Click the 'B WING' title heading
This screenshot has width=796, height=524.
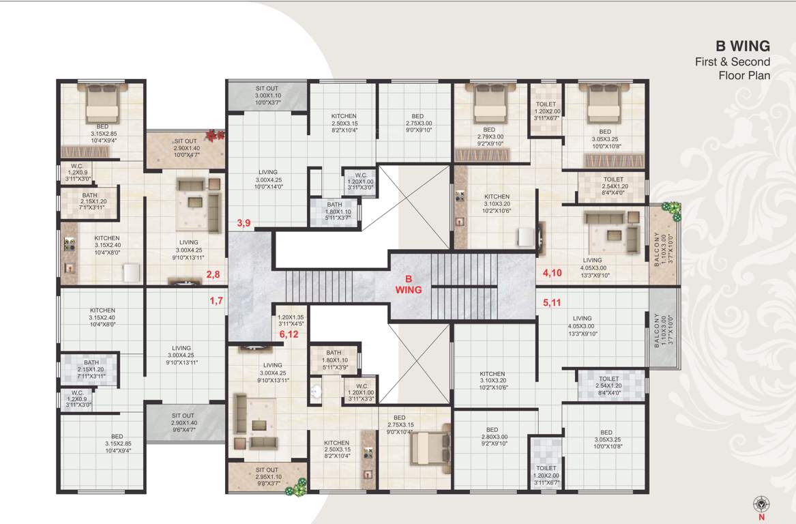coord(742,46)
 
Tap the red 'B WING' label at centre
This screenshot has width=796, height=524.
coord(409,284)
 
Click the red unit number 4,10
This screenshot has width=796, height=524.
coord(552,273)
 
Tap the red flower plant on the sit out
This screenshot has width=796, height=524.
coord(215,135)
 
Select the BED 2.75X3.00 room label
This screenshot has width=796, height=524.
coord(418,123)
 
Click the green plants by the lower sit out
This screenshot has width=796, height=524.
coord(297,486)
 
